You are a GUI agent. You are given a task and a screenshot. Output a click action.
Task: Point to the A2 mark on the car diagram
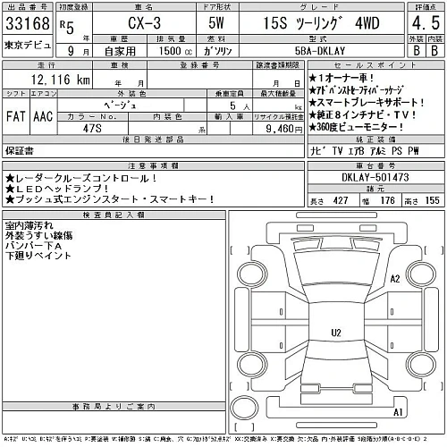(x=393, y=279)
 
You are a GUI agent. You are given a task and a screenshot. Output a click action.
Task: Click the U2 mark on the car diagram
(x=336, y=333)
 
